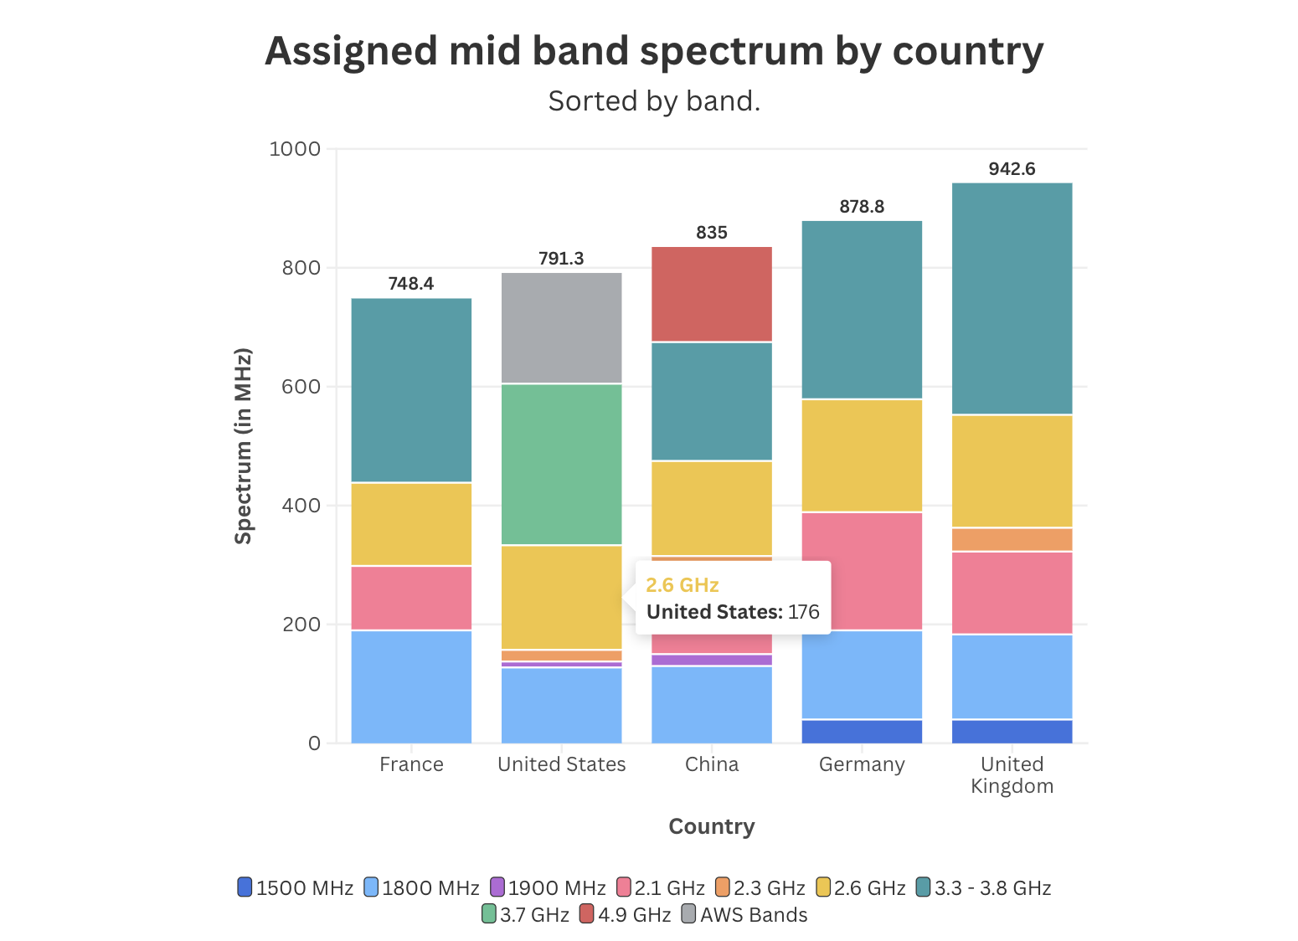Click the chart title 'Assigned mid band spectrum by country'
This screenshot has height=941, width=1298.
(654, 51)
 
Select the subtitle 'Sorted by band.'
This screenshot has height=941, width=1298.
(654, 101)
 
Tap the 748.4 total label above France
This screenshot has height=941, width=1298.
(410, 284)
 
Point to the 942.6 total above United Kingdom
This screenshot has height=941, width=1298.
(1012, 169)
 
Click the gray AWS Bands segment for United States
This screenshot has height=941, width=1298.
(561, 327)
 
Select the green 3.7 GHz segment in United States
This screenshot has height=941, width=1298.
(561, 464)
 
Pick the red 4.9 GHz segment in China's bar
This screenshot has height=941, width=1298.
(712, 294)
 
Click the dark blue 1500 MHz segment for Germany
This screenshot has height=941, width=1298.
(862, 731)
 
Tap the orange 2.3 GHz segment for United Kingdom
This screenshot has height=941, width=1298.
(1012, 539)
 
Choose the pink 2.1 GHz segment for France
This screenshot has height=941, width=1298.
(410, 598)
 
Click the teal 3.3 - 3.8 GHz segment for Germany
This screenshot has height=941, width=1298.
(862, 310)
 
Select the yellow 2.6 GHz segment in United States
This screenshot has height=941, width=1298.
(561, 597)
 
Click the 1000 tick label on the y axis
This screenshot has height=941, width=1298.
(295, 149)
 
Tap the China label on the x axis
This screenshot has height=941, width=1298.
(712, 764)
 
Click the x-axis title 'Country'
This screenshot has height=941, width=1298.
(712, 826)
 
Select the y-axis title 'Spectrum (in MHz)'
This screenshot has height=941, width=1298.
(243, 445)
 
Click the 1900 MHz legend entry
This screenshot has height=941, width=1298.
(548, 887)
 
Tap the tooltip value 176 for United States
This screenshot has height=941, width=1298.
(803, 612)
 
